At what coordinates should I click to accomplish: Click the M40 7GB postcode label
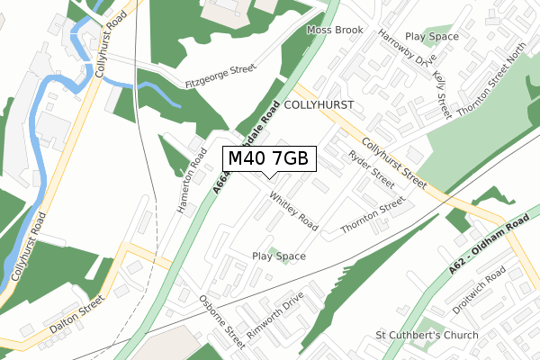tap(268, 158)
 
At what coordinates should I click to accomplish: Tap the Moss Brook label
tap(335, 30)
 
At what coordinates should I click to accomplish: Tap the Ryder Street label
tap(370, 167)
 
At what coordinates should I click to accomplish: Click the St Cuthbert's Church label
tap(427, 336)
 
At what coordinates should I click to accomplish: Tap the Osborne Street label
tap(222, 321)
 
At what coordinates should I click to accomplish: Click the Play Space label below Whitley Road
tap(279, 256)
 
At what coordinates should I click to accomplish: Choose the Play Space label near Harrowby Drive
tap(432, 37)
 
